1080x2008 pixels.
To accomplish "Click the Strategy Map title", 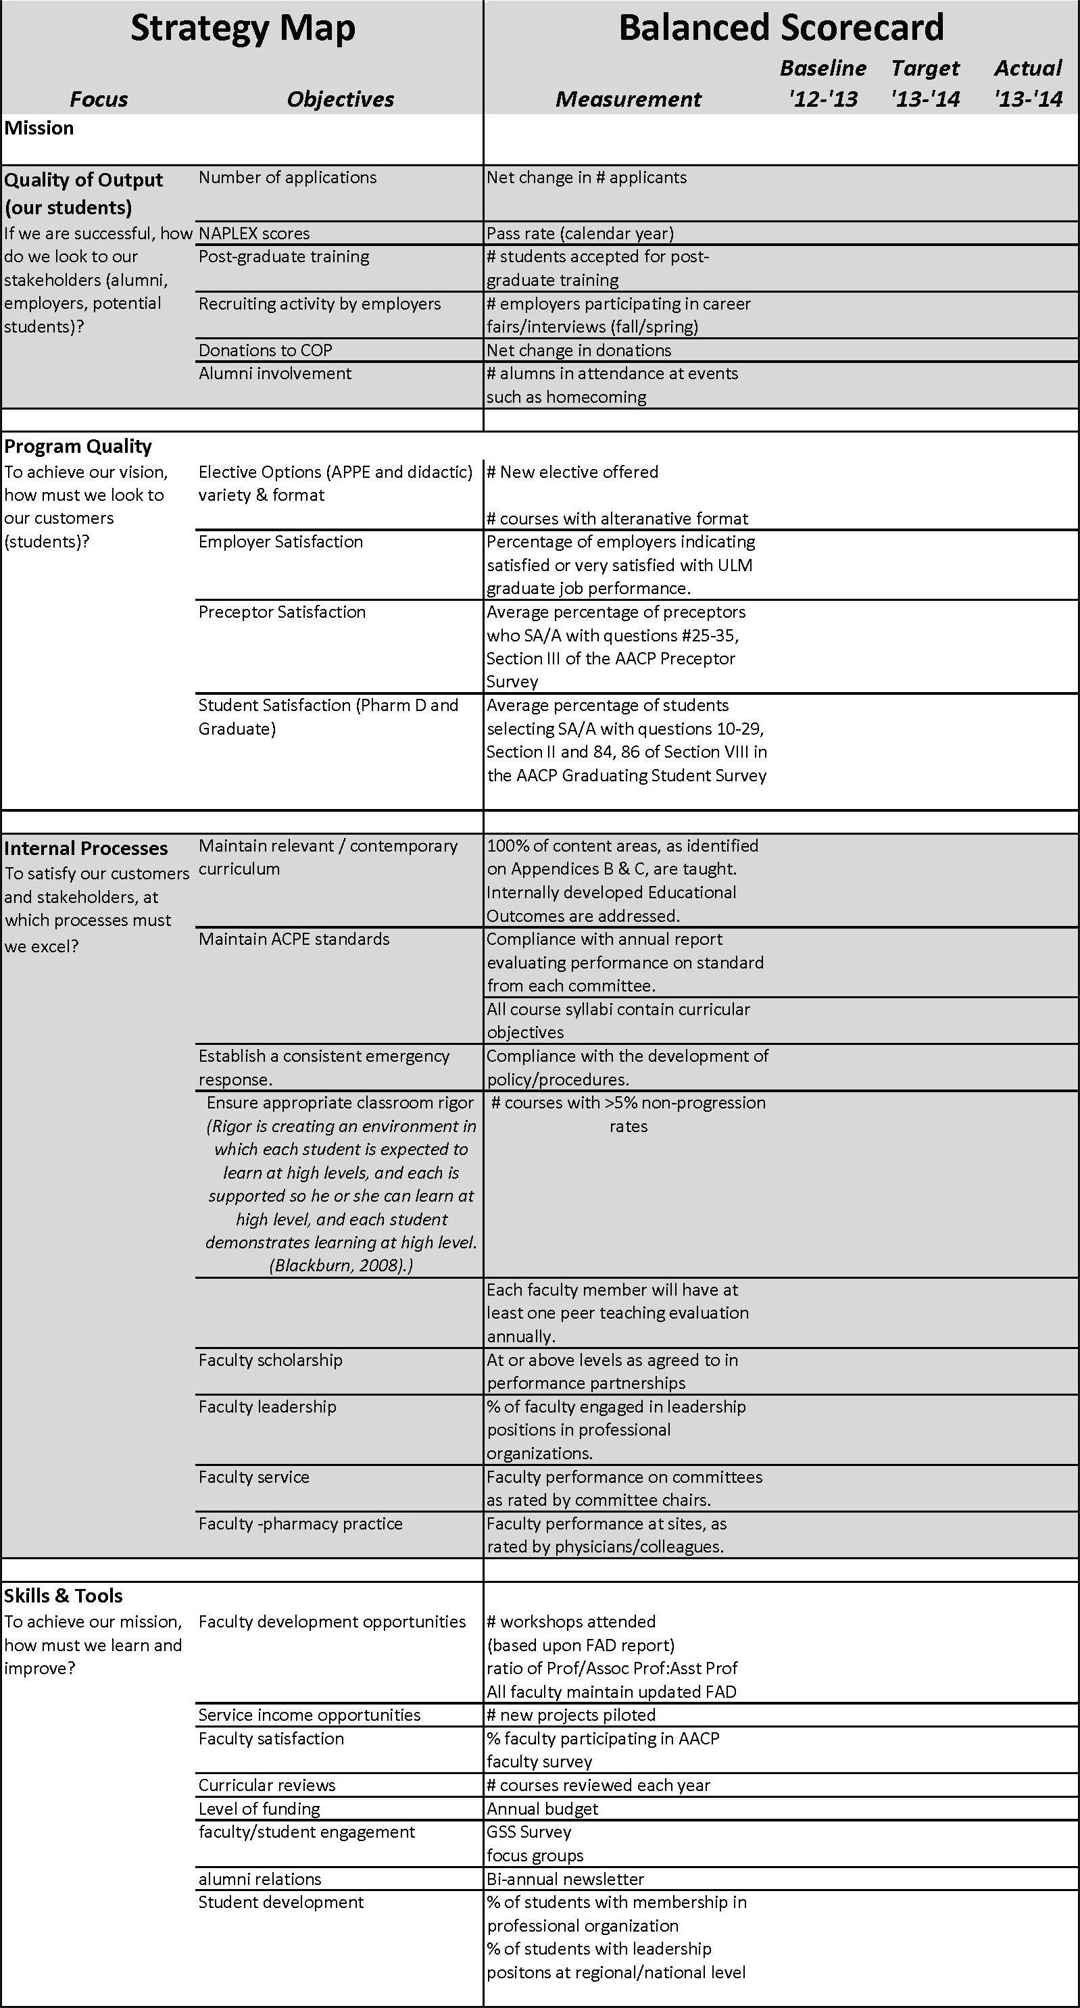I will [243, 29].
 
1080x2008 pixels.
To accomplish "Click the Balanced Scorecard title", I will [781, 29].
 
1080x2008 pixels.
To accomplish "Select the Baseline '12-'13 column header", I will [823, 83].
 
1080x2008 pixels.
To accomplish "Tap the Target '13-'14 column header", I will [925, 83].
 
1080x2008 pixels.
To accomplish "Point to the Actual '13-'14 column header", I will [1028, 83].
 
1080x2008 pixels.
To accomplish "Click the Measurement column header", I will [628, 99].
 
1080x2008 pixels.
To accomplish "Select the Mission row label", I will [39, 128].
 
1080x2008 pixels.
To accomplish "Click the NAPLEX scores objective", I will [254, 233].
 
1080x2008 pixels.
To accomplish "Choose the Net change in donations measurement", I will [579, 350].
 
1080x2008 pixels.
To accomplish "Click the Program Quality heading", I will [78, 446].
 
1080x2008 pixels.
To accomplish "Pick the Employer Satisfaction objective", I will [280, 542].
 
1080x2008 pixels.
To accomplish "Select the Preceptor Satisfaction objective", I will [282, 612].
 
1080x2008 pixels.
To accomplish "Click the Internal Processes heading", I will [86, 848].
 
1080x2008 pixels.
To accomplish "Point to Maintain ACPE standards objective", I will [294, 939].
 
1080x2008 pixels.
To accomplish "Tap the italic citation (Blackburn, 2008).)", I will [341, 1265].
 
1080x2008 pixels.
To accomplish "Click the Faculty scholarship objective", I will [270, 1361].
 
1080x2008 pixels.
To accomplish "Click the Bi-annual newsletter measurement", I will [566, 1879].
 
